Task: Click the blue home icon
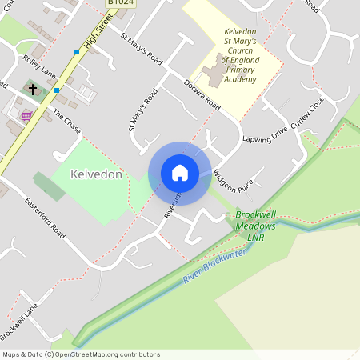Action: click(180, 173)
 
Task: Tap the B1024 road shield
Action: click(121, 3)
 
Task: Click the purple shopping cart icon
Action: click(27, 116)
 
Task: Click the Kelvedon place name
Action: click(95, 174)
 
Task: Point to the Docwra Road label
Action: click(201, 94)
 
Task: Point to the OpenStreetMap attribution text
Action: click(81, 354)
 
